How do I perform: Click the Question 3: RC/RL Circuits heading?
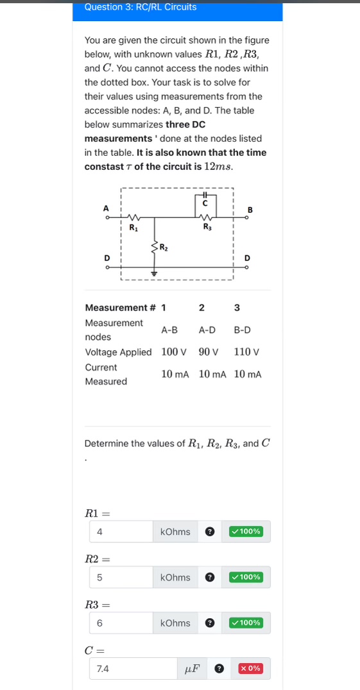[x=140, y=7]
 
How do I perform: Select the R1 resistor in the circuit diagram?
[x=133, y=217]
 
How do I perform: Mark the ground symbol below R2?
[x=154, y=272]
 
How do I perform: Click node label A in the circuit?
[x=107, y=208]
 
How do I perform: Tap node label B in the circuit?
[x=250, y=209]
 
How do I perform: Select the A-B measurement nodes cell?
[x=169, y=330]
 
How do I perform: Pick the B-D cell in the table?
[x=242, y=330]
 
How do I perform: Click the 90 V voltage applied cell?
[x=209, y=352]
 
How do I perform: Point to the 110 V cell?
[x=246, y=352]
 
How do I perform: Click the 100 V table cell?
[x=173, y=352]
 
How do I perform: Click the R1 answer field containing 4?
[x=121, y=532]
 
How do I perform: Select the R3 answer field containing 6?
[x=121, y=623]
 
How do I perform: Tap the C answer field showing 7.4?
[x=133, y=669]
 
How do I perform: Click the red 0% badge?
[x=250, y=669]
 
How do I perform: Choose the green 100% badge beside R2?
[x=246, y=577]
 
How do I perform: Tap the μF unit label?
[x=192, y=669]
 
